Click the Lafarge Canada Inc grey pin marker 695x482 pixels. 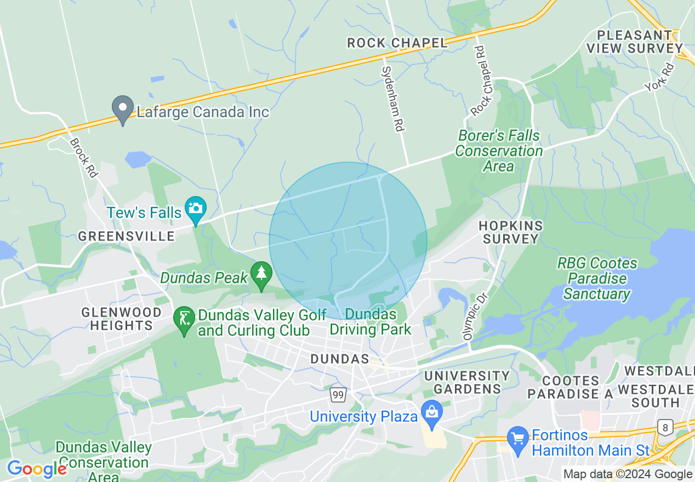pos(123,109)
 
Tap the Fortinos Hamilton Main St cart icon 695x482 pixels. pos(517,440)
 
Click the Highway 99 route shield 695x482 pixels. pos(338,394)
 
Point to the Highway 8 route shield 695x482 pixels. pos(666,428)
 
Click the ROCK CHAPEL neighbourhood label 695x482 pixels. pos(397,43)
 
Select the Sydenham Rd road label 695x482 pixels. pos(392,99)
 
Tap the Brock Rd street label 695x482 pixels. pos(83,157)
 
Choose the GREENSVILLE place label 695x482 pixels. pos(126,237)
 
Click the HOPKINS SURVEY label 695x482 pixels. pos(510,232)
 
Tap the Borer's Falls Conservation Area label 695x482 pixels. pos(499,151)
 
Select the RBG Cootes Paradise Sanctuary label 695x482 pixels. pos(597,278)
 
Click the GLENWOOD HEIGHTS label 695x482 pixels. pos(121,319)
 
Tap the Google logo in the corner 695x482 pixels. pos(36,469)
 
